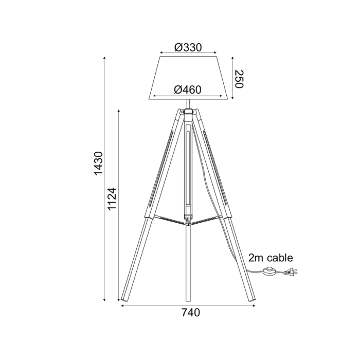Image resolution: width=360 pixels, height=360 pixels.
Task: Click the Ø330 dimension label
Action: coord(188,47)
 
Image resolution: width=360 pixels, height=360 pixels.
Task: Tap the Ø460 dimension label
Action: coord(188,89)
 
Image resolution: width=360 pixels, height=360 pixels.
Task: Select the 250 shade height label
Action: coord(239,79)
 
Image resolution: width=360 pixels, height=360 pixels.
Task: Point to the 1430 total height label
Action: coord(99,163)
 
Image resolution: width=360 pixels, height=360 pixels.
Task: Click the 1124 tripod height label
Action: coord(113,199)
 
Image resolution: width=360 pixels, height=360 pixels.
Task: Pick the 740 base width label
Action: coord(191,313)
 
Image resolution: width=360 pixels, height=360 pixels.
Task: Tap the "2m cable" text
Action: coord(271,258)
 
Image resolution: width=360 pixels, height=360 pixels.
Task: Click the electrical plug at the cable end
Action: coord(291,273)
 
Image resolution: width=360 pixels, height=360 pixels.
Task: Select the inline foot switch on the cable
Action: coord(269,271)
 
